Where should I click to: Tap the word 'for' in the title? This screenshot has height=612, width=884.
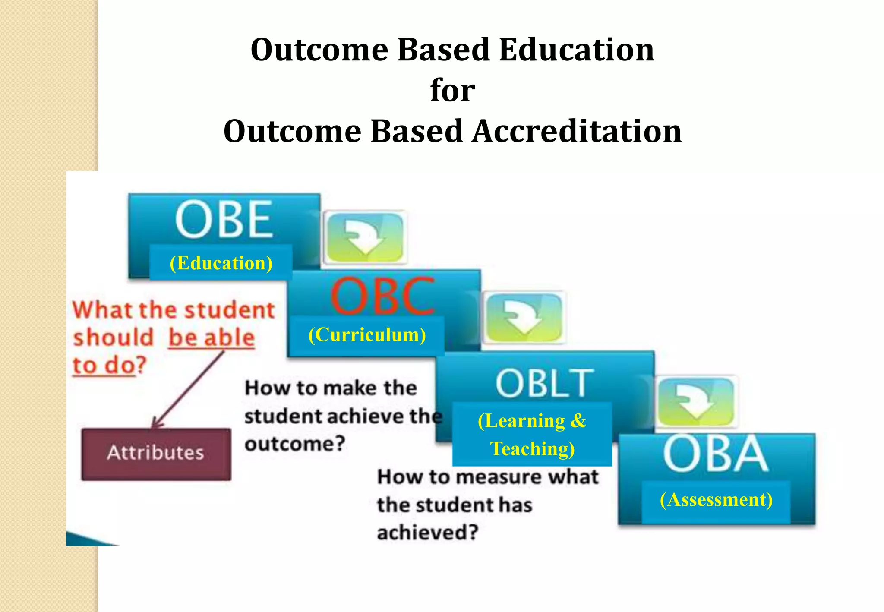click(x=452, y=90)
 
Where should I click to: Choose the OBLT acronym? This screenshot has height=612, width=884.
click(x=544, y=383)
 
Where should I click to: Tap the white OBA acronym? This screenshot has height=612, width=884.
click(x=715, y=454)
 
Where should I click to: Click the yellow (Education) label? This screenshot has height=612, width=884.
click(x=221, y=263)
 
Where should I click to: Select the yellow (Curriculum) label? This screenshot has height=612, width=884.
click(x=367, y=334)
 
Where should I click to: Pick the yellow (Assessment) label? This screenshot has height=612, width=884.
click(x=716, y=500)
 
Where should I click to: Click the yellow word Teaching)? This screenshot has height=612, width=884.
click(x=532, y=449)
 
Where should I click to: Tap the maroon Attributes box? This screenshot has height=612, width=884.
click(x=156, y=454)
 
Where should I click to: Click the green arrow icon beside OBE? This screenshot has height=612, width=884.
click(x=365, y=237)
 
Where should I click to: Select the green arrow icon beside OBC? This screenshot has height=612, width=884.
click(x=524, y=317)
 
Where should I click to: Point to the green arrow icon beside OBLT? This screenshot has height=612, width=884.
click(x=695, y=401)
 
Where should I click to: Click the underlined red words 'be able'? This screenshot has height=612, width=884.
click(x=212, y=338)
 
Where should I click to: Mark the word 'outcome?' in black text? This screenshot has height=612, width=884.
click(x=295, y=444)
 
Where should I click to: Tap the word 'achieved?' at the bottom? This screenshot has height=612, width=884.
click(x=428, y=532)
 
